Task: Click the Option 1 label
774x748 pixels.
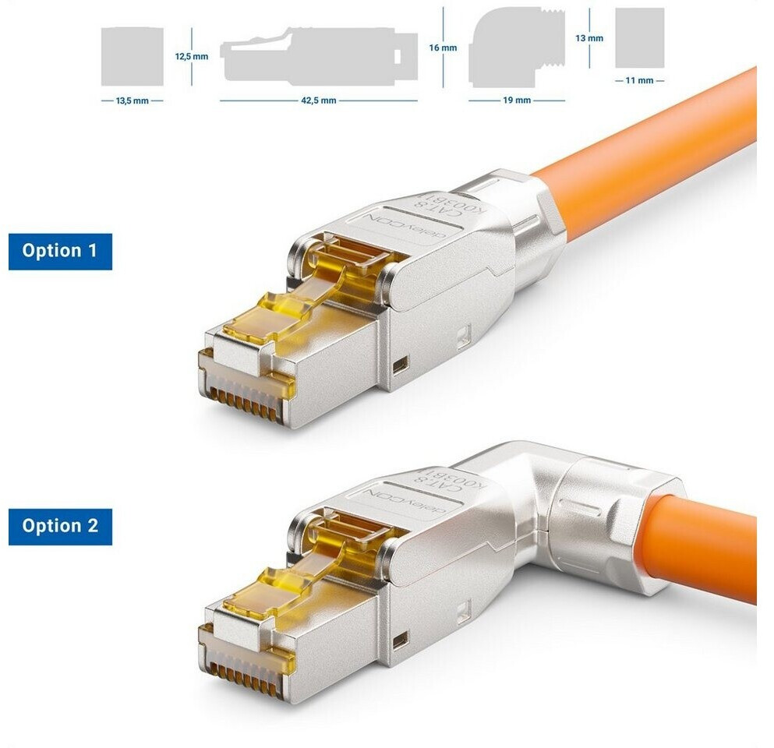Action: coord(60,252)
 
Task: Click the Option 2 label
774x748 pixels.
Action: coord(60,527)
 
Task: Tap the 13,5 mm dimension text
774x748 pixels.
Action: coord(132,101)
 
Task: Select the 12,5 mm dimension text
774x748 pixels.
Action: coord(192,56)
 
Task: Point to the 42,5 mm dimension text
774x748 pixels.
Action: coord(318,101)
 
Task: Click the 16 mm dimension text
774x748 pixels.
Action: coord(443,48)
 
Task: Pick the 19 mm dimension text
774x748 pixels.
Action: coord(517,101)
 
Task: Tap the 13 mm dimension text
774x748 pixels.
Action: coord(589,38)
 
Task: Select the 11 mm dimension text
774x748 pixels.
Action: coord(639,80)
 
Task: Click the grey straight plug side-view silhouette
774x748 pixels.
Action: coord(319,56)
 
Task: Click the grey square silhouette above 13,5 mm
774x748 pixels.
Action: coord(132,57)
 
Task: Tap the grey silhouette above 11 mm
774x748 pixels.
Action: coord(640,38)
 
